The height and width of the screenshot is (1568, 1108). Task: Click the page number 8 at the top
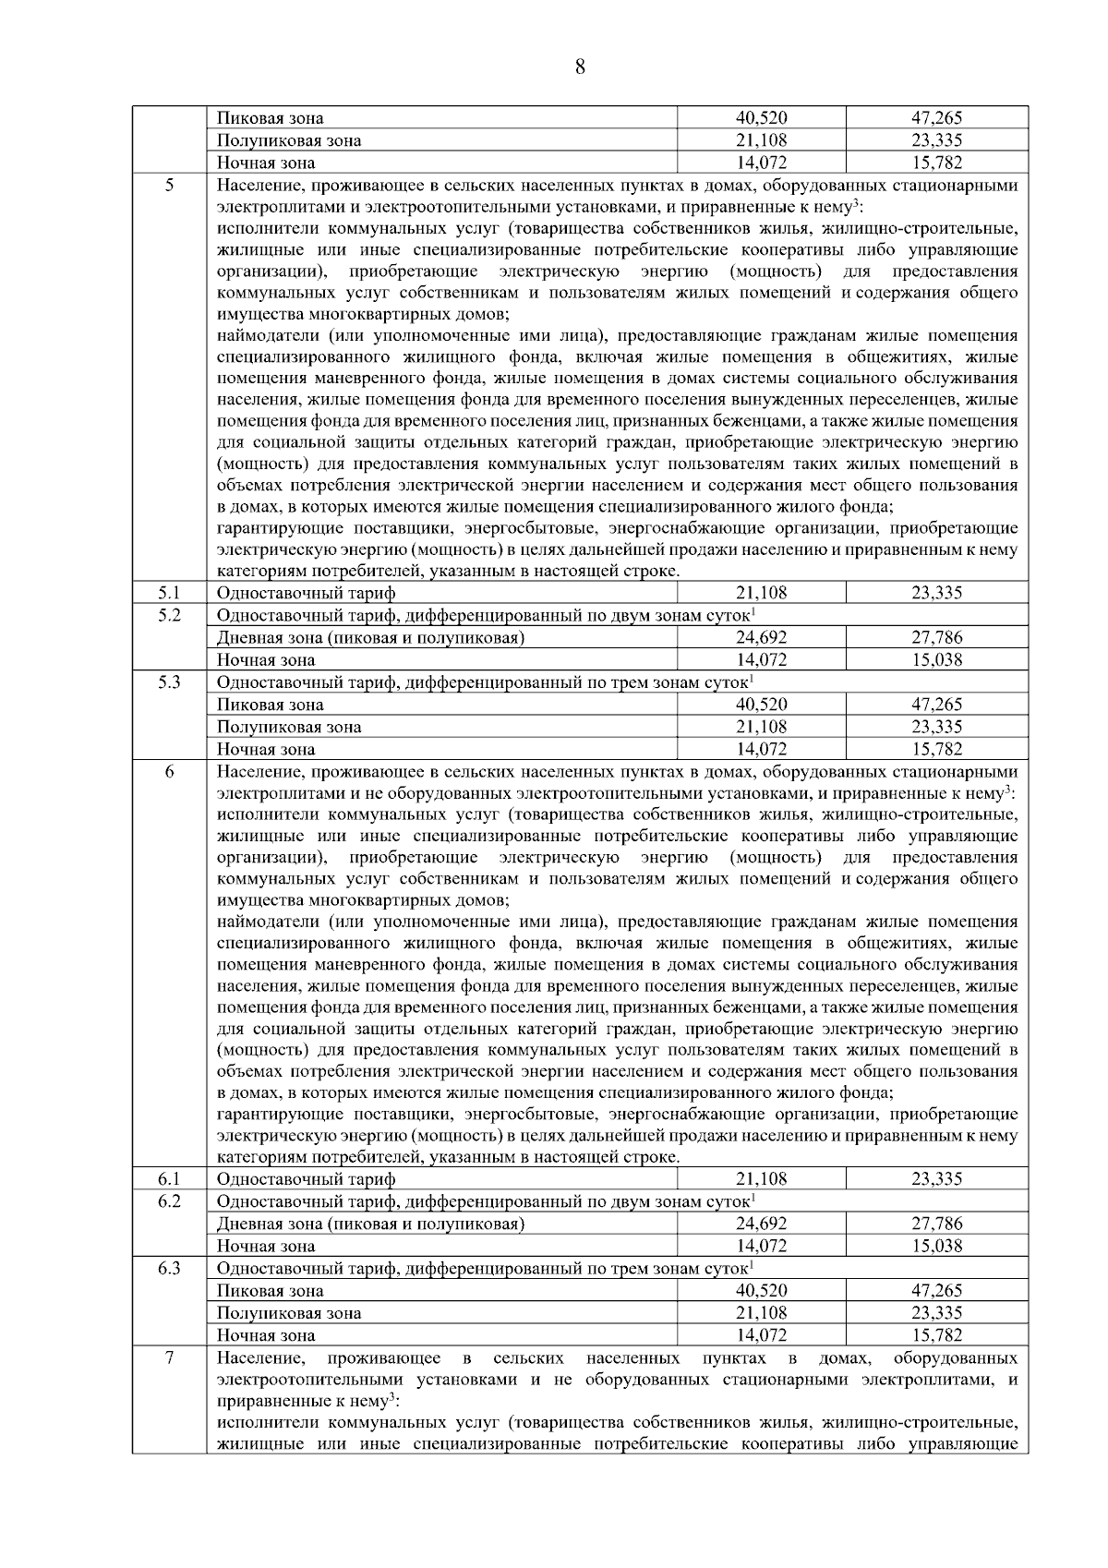(579, 66)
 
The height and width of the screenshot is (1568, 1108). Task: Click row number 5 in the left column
(170, 185)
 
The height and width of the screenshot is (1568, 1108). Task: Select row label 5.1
(169, 593)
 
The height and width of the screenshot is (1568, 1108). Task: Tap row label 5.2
(169, 615)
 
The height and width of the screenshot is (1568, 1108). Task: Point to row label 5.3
(169, 681)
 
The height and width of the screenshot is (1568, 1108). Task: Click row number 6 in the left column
(170, 772)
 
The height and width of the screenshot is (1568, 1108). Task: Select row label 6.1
(169, 1179)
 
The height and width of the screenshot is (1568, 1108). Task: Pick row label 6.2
(169, 1200)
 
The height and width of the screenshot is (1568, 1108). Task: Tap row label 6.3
(169, 1268)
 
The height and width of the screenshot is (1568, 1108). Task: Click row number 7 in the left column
(170, 1357)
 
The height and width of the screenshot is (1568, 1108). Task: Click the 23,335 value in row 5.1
(936, 593)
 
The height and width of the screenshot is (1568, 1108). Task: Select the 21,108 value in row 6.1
(761, 1179)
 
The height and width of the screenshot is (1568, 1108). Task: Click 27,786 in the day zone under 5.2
(936, 637)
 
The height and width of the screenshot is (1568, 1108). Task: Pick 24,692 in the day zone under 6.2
(761, 1224)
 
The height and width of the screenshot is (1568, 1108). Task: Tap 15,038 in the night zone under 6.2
(936, 1246)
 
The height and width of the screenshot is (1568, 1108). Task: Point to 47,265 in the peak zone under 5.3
(936, 705)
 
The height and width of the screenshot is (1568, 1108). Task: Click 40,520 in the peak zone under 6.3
(761, 1290)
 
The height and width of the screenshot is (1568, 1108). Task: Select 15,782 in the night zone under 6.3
(936, 1335)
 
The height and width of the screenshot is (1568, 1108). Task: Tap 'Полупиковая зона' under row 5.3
(289, 727)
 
